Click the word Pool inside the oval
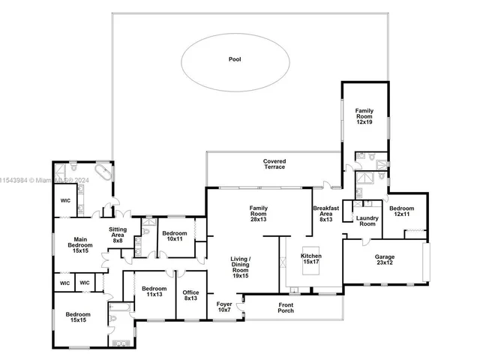235,58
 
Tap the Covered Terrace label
274,163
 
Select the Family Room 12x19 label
364,115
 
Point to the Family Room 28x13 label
259,213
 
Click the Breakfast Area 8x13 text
325,213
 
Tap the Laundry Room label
367,220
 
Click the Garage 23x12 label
385,260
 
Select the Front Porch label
285,307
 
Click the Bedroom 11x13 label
154,292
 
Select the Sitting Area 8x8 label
118,234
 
